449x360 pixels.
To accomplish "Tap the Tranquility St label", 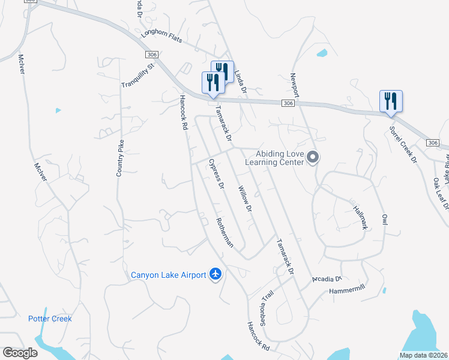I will click(138, 76).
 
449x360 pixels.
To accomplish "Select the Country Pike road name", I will click(120, 158).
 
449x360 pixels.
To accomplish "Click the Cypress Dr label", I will click(216, 175).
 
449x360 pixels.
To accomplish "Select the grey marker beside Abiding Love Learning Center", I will click(312, 158).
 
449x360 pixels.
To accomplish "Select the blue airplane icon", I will click(215, 275).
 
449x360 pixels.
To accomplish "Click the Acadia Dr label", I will click(327, 279).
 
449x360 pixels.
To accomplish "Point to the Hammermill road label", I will click(346, 291).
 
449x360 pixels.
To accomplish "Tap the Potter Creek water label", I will click(50, 319).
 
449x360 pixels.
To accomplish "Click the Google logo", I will click(20, 353).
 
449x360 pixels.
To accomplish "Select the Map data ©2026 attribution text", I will click(423, 355).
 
